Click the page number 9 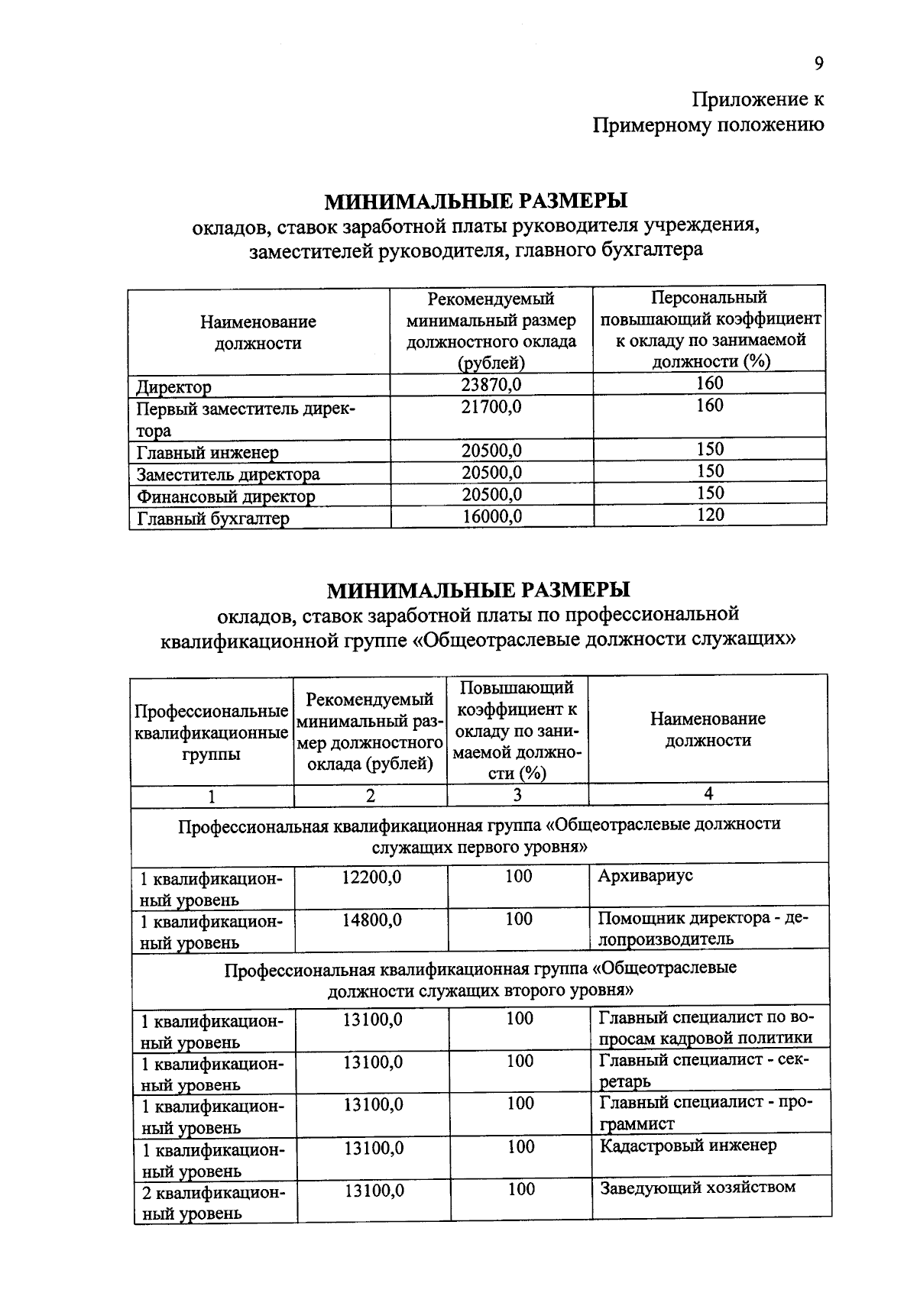point(818,64)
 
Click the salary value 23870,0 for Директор point(491,384)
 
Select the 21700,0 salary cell point(491,406)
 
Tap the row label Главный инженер point(208,453)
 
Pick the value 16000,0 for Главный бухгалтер point(492,517)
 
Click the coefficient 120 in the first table point(709,515)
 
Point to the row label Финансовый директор point(225,497)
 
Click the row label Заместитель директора point(228,475)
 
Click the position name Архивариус point(645,876)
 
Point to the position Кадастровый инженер point(688,1146)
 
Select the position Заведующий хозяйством point(697,1188)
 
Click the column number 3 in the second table point(517,795)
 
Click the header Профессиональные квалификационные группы point(212,733)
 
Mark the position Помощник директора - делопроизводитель point(702,928)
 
